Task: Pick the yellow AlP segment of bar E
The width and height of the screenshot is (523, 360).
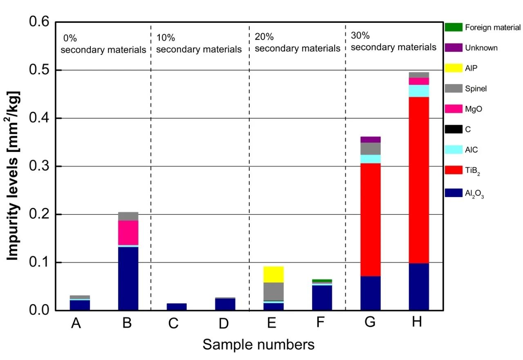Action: (273, 274)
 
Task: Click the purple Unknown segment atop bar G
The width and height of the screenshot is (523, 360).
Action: (371, 139)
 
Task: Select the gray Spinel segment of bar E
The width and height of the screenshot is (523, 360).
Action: (273, 291)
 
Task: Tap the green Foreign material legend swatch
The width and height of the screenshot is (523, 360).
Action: (454, 27)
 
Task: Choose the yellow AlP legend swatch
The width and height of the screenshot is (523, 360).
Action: (454, 68)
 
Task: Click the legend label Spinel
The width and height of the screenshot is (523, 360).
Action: (476, 88)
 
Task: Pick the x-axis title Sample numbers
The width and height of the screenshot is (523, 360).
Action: (259, 344)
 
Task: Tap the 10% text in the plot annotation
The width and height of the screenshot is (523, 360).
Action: (165, 38)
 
